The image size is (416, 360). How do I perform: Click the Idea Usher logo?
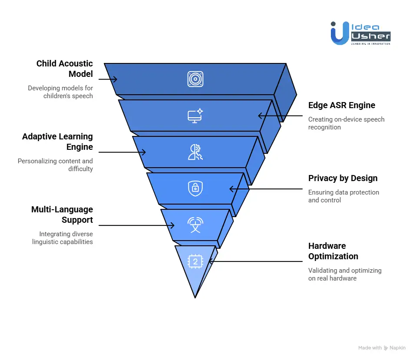pyautogui.click(x=360, y=33)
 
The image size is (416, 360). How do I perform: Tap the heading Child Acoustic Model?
pyautogui.click(x=65, y=69)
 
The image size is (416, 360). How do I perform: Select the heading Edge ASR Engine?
pyautogui.click(x=341, y=105)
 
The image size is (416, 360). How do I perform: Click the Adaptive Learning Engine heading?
pyautogui.click(x=58, y=142)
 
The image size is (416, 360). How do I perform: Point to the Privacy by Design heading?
pyautogui.click(x=343, y=178)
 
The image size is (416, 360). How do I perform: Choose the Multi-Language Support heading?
pyautogui.click(x=62, y=215)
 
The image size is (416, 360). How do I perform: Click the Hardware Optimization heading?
pyautogui.click(x=333, y=251)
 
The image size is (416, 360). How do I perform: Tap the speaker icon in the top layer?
pyautogui.click(x=195, y=79)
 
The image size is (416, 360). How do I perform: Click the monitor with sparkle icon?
pyautogui.click(x=195, y=116)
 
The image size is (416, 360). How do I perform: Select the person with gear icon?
pyautogui.click(x=195, y=152)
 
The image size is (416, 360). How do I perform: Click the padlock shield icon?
pyautogui.click(x=195, y=188)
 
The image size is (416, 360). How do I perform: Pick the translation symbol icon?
pyautogui.click(x=195, y=225)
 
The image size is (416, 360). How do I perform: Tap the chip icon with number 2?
pyautogui.click(x=195, y=261)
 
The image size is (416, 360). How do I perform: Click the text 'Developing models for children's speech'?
pyautogui.click(x=60, y=92)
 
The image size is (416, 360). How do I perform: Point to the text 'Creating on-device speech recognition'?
pyautogui.click(x=346, y=123)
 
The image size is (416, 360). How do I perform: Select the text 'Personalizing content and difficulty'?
pyautogui.click(x=55, y=165)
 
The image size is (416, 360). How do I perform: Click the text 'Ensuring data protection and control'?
pyautogui.click(x=343, y=196)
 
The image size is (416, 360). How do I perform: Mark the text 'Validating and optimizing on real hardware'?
pyautogui.click(x=345, y=274)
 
